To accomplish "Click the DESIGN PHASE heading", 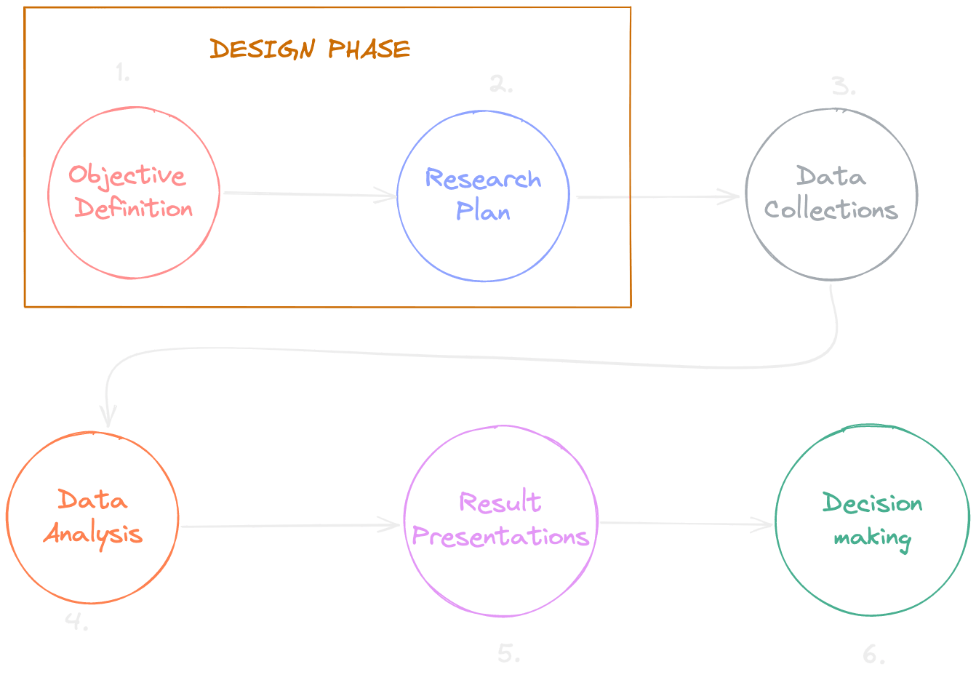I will coord(310,49).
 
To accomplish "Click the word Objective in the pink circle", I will coord(127,176).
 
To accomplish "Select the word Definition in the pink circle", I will coord(134,209).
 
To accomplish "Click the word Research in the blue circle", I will coord(483,179).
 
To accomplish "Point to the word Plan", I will coord(483,212).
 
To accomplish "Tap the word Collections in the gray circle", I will coord(831,210).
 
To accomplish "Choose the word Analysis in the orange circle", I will coord(93,535).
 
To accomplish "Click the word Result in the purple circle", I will coord(500,503).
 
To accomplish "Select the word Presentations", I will coord(500,537).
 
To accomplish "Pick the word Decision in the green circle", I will coord(872,503).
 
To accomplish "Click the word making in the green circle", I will coord(872,539).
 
